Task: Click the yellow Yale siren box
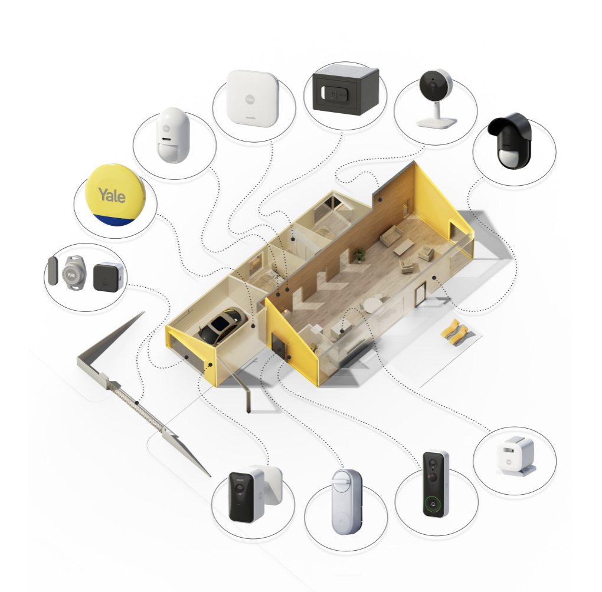pos(115,195)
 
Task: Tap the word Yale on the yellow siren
pos(112,195)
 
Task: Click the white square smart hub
pos(251,98)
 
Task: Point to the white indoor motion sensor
pos(173,135)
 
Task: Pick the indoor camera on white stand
pos(436,98)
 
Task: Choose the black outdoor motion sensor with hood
pos(511,140)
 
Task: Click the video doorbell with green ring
pos(436,484)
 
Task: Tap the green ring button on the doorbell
pos(433,504)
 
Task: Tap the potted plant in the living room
pos(359,255)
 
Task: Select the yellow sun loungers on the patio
pos(454,331)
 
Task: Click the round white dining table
pos(371,305)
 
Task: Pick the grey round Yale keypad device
pos(74,273)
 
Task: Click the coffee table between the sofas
pos(404,246)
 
